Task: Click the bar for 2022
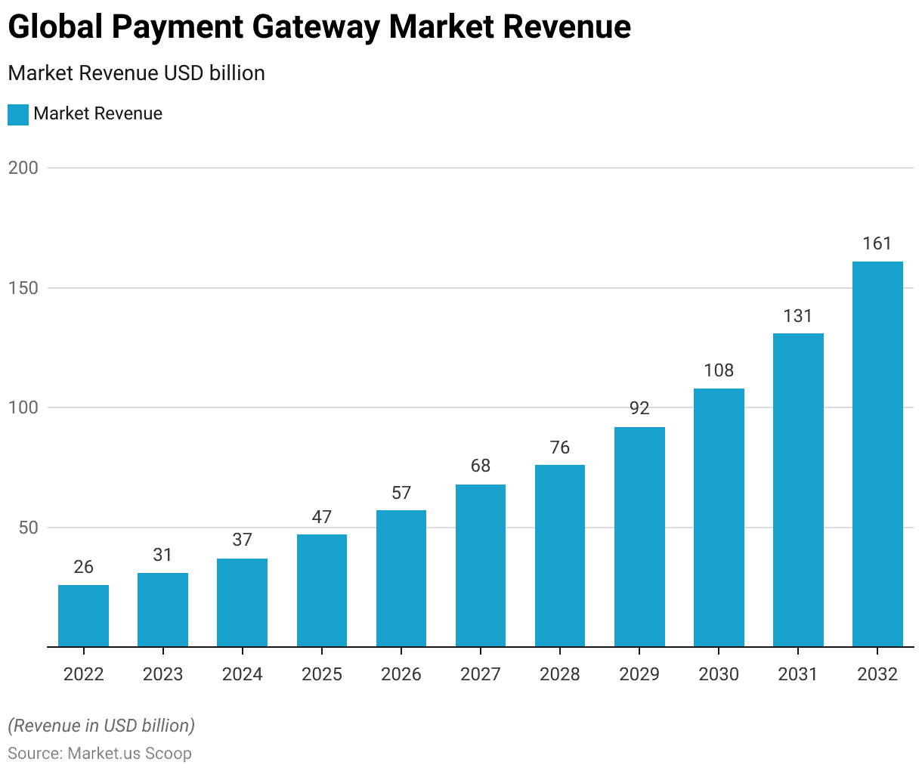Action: [x=83, y=616]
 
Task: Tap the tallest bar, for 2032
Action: [x=877, y=454]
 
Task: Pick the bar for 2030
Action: [x=719, y=518]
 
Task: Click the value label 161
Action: [x=877, y=243]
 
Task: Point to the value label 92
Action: [x=639, y=408]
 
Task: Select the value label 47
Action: [x=322, y=517]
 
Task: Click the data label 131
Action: [x=798, y=316]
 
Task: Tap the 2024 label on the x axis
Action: [x=242, y=674]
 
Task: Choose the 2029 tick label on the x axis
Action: [x=639, y=674]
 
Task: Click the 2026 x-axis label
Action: [x=401, y=674]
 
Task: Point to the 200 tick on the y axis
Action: [x=23, y=168]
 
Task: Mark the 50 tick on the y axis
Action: [x=28, y=528]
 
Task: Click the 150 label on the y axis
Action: [x=23, y=288]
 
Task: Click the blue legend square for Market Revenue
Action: [x=18, y=115]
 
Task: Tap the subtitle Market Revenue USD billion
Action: [x=137, y=73]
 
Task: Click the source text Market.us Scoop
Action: [x=129, y=754]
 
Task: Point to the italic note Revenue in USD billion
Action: [x=101, y=726]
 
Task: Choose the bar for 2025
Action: [x=322, y=590]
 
